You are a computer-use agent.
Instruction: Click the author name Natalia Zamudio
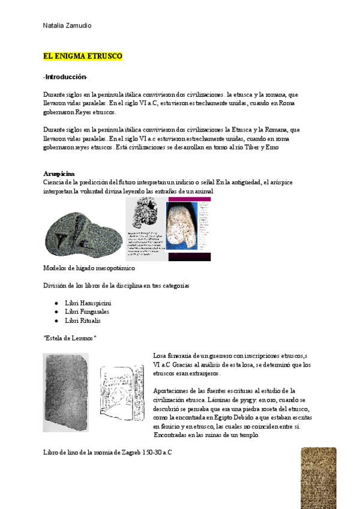pyautogui.click(x=67, y=25)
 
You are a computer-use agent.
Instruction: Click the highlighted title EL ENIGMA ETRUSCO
pyautogui.click(x=83, y=56)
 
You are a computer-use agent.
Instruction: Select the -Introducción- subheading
pyautogui.click(x=65, y=77)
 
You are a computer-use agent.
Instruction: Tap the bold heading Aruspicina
pyautogui.click(x=59, y=173)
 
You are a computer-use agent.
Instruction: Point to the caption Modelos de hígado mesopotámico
pyautogui.click(x=89, y=268)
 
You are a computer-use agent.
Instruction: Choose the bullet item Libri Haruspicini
pyautogui.click(x=88, y=303)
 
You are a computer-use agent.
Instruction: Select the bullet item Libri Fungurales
pyautogui.click(x=86, y=312)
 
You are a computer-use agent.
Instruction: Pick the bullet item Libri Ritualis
pyautogui.click(x=83, y=321)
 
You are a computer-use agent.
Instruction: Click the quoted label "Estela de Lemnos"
pyautogui.click(x=70, y=338)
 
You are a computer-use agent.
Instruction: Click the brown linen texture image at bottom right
pyautogui.click(x=318, y=478)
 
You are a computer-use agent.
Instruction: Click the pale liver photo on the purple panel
pyautogui.click(x=182, y=226)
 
